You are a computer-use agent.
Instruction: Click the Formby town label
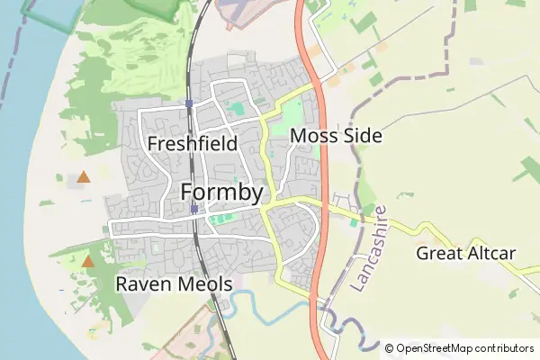coord(221,192)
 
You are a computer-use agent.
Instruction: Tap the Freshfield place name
coord(192,143)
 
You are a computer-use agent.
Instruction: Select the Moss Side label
coord(337,136)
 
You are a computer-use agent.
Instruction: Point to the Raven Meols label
coord(174,284)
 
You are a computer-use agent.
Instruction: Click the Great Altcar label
coord(465,253)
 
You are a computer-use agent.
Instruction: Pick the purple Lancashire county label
coord(370,247)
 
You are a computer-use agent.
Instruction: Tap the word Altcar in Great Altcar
coord(489,253)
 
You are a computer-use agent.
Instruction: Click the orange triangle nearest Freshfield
coord(84,177)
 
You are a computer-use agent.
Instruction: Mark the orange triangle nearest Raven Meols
coord(88,262)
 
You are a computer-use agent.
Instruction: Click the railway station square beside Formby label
coord(194,209)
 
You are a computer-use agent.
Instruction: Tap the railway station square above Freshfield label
coord(189,103)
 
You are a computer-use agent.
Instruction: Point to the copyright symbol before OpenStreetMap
coord(390,348)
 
